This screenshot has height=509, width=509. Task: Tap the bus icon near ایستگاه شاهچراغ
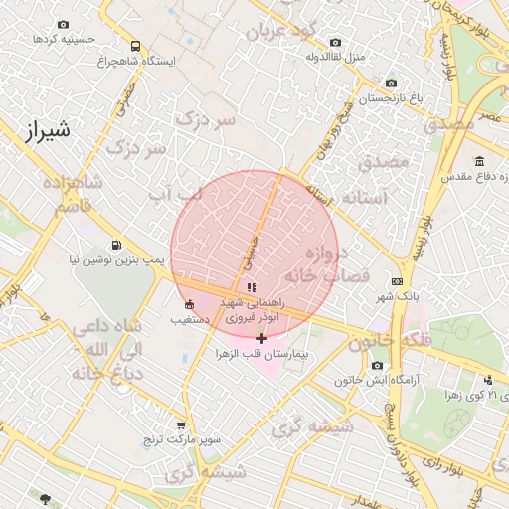pyautogui.click(x=135, y=46)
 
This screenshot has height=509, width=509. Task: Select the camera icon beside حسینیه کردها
pyautogui.click(x=64, y=24)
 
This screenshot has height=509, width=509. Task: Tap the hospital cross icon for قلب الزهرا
pyautogui.click(x=261, y=339)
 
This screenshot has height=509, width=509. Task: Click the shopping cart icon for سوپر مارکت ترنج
pyautogui.click(x=180, y=424)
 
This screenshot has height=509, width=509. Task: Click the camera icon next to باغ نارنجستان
pyautogui.click(x=391, y=84)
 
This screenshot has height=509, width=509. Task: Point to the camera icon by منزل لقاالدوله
pyautogui.click(x=335, y=43)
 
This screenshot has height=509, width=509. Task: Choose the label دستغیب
pyautogui.click(x=189, y=320)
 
